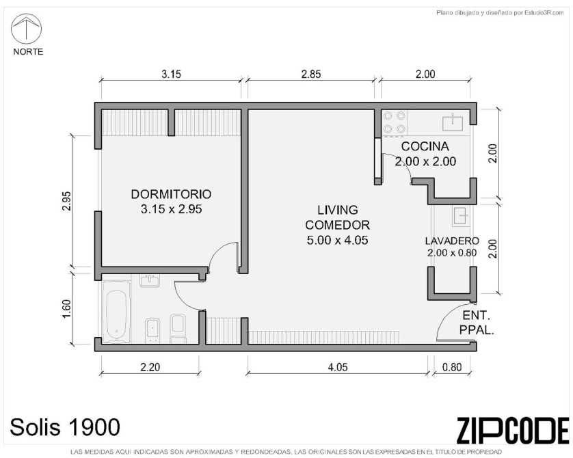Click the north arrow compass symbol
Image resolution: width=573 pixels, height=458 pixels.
[26, 29]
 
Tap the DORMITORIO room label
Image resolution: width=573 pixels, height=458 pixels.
[171, 194]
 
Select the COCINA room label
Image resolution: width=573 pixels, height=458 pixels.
[425, 146]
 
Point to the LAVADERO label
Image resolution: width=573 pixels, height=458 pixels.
[452, 241]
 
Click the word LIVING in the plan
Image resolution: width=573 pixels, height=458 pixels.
[337, 210]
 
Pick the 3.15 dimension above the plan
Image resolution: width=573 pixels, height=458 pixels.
[171, 74]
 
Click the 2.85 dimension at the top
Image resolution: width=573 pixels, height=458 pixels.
[311, 74]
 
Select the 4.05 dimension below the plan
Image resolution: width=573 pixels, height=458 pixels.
[338, 366]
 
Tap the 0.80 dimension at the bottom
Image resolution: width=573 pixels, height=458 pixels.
[452, 366]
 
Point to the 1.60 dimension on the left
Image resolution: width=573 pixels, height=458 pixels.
[66, 309]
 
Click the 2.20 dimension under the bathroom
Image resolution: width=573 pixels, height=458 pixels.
[150, 366]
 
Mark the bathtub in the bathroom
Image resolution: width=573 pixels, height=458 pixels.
[116, 312]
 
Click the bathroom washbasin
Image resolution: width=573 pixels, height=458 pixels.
[150, 280]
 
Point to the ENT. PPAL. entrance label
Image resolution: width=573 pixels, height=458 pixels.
[477, 323]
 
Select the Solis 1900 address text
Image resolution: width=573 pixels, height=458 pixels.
[65, 427]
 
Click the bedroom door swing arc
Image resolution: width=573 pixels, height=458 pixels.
[219, 252]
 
